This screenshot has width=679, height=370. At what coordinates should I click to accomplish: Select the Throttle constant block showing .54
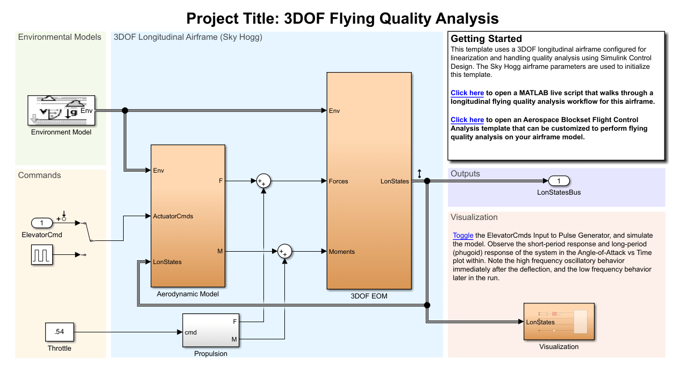pos(59,332)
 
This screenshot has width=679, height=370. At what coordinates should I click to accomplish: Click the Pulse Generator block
pos(41,255)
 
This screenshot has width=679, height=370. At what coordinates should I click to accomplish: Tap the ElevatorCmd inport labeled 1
pos(42,223)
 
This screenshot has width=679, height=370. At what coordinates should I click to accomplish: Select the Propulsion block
pos(211,331)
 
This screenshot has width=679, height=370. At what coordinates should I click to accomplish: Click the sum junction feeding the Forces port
pos(263,181)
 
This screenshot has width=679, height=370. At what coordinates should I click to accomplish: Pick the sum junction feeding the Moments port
pos(284,251)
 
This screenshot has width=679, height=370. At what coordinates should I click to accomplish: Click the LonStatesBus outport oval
pos(559,181)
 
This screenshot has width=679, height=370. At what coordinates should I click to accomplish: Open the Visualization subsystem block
pos(559,322)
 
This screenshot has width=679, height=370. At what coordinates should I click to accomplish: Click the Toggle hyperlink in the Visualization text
pos(463,236)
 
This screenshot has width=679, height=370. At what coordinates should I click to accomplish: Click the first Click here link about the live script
pos(467,93)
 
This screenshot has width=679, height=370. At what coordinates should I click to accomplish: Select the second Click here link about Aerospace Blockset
pos(467,120)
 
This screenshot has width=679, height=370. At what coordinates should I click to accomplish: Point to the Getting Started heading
pos(486,39)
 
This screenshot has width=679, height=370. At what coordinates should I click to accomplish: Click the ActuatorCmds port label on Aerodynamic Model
pos(173,216)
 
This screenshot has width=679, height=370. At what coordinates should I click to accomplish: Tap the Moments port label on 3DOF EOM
pos(341,252)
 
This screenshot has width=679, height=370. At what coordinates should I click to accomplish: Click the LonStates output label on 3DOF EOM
pos(394,181)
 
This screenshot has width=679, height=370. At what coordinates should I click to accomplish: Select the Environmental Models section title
pos(60,37)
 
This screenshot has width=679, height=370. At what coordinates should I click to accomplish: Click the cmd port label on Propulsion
pos(190,332)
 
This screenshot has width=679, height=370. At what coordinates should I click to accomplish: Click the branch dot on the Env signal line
pos(125,110)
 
